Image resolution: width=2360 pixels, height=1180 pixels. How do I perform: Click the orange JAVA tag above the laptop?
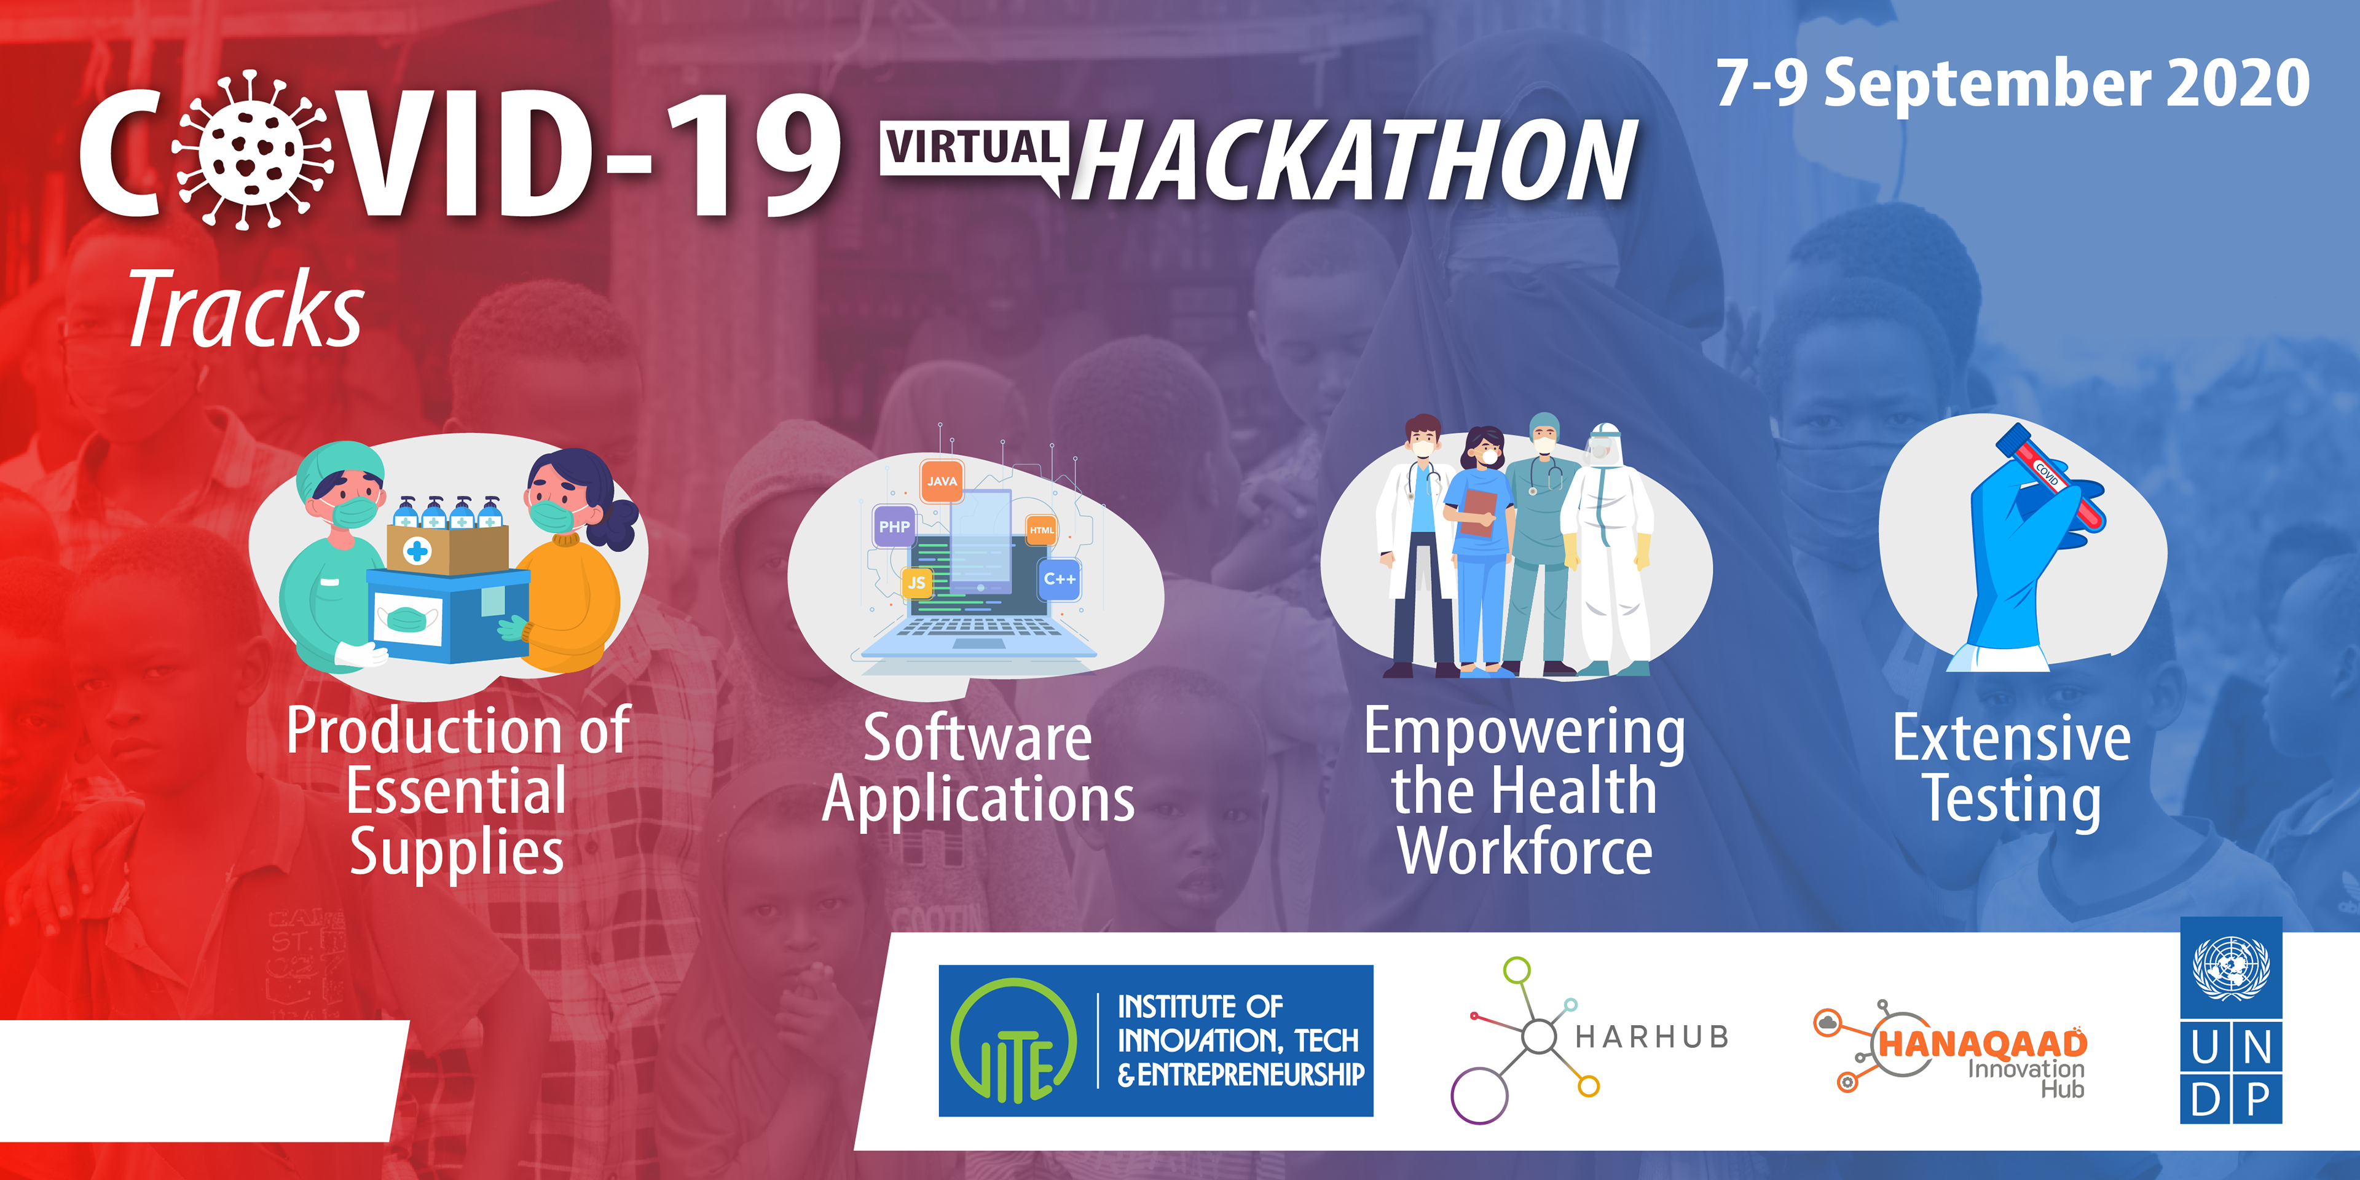click(x=942, y=481)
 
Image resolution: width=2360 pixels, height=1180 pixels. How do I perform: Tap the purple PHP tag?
click(x=894, y=527)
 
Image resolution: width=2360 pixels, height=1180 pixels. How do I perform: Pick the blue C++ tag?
click(x=1060, y=579)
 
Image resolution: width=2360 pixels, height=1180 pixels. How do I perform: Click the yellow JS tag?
click(x=916, y=583)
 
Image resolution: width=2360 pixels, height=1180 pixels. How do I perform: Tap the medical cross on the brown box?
click(x=418, y=551)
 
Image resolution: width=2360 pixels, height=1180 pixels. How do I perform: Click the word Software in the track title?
click(x=978, y=737)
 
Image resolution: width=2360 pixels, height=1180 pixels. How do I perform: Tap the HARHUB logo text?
click(x=1651, y=1036)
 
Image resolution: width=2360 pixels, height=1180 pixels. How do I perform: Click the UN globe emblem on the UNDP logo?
click(x=2231, y=967)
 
